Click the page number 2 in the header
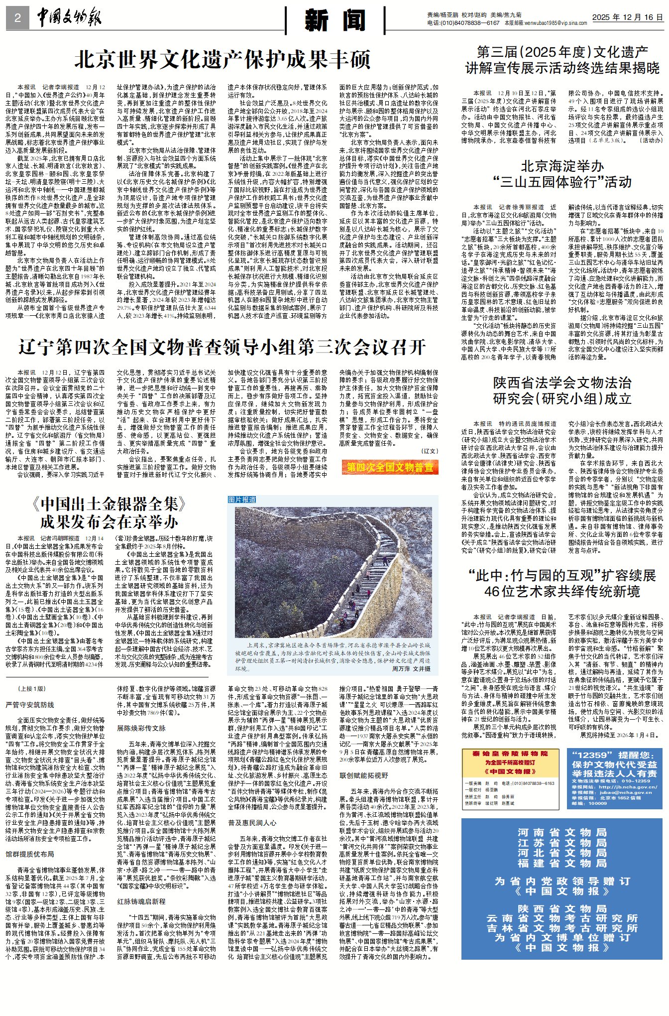pos(17,18)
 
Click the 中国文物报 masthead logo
pos(69,18)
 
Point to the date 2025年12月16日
pos(627,17)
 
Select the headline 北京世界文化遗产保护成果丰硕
pos(222,60)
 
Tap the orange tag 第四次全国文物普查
pos(390,467)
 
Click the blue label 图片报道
pos(242,500)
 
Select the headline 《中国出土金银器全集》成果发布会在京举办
pos(109,512)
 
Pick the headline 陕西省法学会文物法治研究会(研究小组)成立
pos(562,390)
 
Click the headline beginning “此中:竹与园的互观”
pos(562,583)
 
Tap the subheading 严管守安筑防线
pos(29,705)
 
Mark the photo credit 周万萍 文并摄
pos(411,668)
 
